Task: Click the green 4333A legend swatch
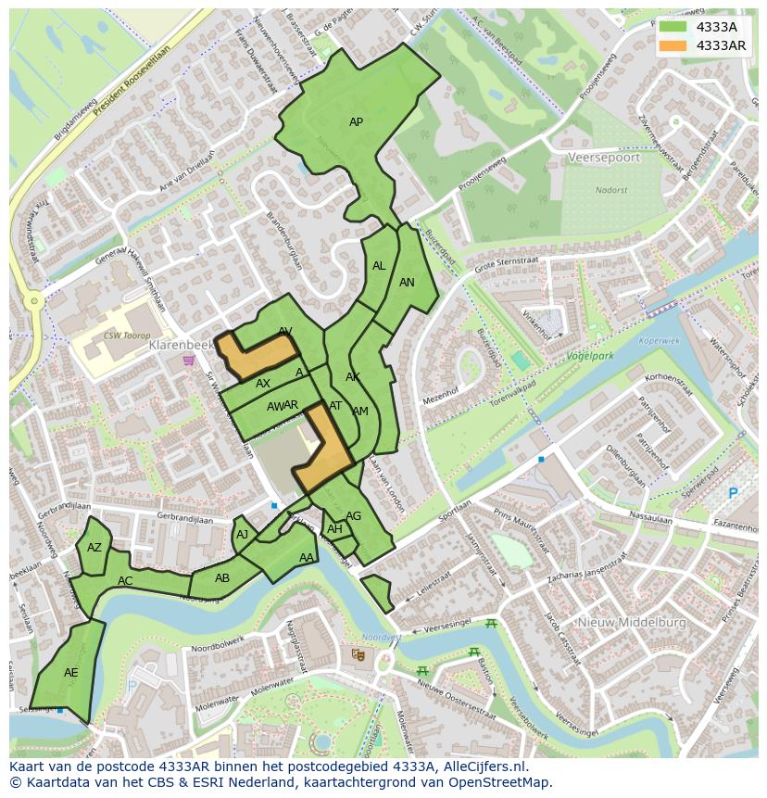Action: tap(673, 27)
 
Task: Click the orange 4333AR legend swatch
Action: tap(673, 45)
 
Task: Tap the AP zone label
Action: tap(356, 122)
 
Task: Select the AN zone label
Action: tap(407, 283)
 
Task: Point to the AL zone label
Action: tap(379, 266)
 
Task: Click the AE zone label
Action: tap(71, 673)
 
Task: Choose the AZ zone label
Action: tap(94, 548)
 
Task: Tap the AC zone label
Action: tap(125, 581)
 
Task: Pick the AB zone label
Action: tap(222, 578)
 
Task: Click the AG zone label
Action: tap(353, 516)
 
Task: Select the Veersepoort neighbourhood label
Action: tap(604, 158)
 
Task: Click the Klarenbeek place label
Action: tap(181, 344)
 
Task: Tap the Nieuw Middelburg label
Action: tap(632, 623)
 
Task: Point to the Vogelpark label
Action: tap(590, 355)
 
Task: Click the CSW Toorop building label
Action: tap(127, 336)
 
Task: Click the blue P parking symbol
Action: tap(733, 494)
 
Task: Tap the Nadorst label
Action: tap(611, 190)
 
